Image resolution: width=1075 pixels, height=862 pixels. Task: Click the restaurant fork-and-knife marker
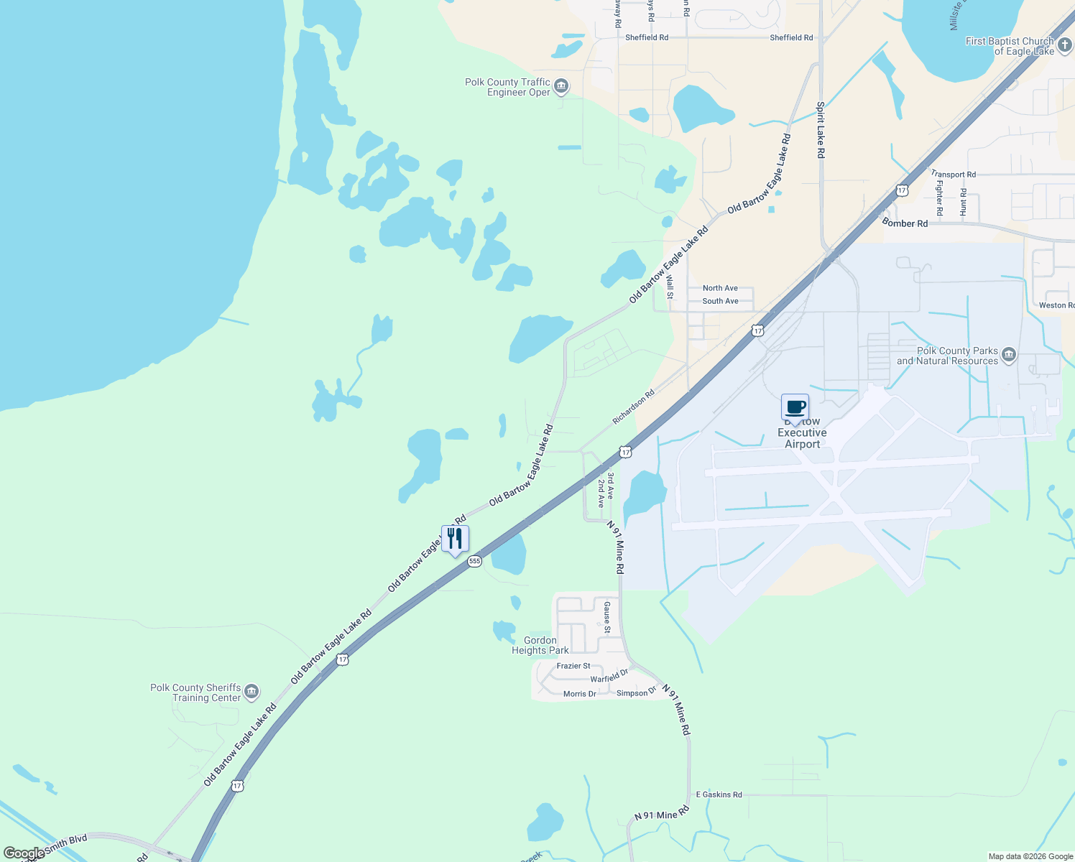[455, 539]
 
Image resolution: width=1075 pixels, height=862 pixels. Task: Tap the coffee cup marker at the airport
[795, 408]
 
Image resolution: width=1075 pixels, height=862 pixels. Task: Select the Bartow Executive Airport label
[802, 433]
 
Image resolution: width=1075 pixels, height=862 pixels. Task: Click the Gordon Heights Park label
[540, 645]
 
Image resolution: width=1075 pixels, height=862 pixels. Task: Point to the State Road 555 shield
[474, 561]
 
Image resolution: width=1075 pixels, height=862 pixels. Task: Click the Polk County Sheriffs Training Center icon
[252, 692]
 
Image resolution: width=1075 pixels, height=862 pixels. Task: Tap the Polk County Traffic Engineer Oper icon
[561, 87]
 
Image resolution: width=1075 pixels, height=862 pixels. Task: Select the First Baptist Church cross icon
[1065, 46]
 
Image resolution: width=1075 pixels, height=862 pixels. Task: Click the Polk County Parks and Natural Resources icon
[1009, 355]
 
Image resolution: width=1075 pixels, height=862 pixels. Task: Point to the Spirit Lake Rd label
[820, 129]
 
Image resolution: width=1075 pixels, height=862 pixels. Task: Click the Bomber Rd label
[905, 223]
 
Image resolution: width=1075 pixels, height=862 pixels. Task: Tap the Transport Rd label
[953, 175]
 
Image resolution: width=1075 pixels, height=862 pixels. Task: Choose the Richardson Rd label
[633, 407]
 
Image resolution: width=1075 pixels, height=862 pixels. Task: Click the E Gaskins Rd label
[719, 794]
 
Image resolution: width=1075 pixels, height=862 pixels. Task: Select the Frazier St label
[573, 666]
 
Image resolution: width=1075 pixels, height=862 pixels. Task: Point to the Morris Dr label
[579, 694]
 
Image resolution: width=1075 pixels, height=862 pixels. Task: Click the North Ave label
[720, 288]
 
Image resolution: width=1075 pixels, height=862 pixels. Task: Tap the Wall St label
[670, 286]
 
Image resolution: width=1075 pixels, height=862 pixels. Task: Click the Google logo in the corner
[23, 853]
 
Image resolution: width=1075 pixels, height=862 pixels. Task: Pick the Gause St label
[607, 618]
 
